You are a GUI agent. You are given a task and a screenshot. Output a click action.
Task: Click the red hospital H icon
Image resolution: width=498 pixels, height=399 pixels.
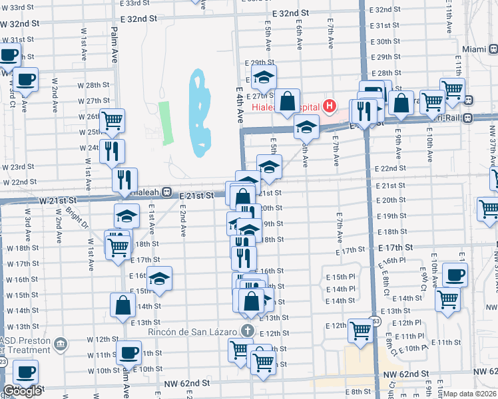pos(328,106)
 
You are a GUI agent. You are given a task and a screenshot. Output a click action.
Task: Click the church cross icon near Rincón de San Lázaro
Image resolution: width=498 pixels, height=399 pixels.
pos(248,331)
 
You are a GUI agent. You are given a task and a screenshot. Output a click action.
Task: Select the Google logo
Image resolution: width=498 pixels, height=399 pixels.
pos(22,391)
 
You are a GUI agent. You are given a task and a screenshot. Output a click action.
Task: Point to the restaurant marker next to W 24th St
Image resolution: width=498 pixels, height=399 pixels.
pos(112,151)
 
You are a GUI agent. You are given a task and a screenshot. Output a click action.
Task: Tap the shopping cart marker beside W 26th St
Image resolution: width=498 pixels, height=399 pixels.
pos(112,120)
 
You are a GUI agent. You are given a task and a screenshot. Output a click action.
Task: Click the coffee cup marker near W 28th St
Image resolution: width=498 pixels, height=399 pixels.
pos(25,80)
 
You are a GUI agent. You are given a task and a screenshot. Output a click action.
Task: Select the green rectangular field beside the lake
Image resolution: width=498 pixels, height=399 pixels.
pos(164,123)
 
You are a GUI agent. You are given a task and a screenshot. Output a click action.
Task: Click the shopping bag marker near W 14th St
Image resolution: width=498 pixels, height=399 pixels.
pos(123,305)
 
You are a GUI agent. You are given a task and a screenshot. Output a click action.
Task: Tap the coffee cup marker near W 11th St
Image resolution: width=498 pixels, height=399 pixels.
pos(128,352)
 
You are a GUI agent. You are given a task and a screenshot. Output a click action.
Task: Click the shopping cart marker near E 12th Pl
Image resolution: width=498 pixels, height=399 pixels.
pos(360,329)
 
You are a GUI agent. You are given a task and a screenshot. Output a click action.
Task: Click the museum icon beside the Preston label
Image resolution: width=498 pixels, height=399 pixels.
pos(61,344)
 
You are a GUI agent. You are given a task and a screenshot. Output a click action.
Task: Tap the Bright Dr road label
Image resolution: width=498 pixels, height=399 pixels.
pos(78,215)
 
